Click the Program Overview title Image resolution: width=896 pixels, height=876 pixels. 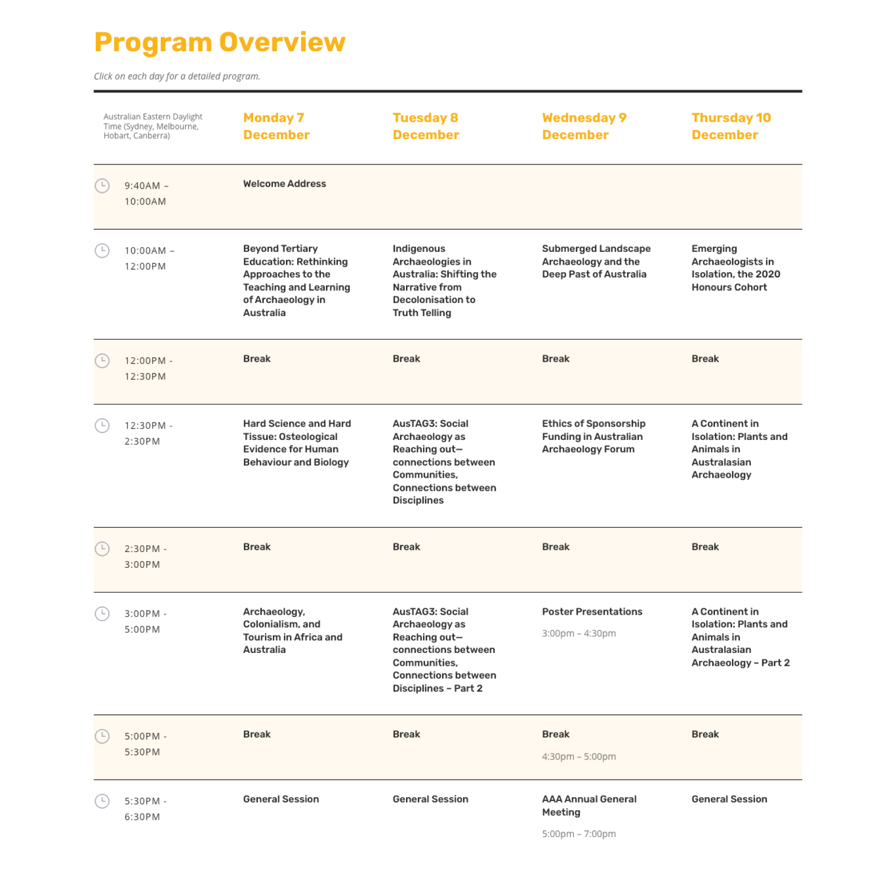219,42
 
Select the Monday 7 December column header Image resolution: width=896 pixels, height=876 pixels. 276,126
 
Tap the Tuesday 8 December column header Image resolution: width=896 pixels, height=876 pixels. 426,126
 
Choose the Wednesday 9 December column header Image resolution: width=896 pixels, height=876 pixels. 584,126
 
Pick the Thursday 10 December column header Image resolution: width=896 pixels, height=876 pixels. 731,126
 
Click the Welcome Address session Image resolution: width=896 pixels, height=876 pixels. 284,184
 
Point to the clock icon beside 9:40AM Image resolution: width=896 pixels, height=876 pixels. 102,185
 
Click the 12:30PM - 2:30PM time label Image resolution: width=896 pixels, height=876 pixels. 148,433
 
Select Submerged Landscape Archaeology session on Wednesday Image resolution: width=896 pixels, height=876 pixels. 596,261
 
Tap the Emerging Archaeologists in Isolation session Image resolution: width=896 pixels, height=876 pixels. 735,268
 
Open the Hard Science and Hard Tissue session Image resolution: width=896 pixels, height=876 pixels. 297,443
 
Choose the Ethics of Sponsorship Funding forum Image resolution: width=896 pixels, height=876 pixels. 593,437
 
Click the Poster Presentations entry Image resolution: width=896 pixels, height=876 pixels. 592,612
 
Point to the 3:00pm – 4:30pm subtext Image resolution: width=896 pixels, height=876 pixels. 579,633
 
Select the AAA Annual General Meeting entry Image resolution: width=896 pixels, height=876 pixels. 589,806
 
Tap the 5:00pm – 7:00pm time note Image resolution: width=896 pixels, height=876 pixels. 579,834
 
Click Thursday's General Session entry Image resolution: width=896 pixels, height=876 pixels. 729,799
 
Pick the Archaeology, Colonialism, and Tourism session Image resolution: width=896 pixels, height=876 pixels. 292,630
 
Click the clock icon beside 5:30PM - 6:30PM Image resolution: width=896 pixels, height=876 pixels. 102,801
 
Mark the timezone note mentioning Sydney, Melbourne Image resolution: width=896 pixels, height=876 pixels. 152,126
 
